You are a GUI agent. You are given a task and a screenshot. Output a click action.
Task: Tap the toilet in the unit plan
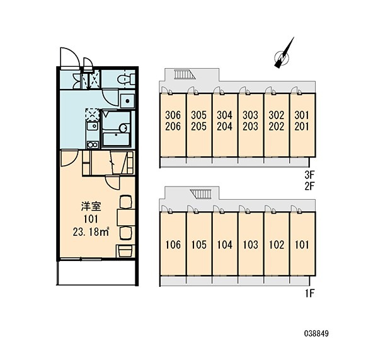point(126,79)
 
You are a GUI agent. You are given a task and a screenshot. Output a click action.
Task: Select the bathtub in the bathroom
point(116,139)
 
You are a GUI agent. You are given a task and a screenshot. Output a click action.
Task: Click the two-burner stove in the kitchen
point(93,144)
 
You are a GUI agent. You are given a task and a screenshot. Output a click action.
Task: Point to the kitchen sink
point(93,126)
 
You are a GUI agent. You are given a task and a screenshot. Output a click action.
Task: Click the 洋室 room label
point(91,207)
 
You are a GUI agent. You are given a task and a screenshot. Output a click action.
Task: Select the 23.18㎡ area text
point(91,232)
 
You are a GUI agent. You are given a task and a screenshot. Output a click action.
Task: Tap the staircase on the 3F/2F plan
point(185,74)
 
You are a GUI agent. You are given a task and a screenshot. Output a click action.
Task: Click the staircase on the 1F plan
point(200,194)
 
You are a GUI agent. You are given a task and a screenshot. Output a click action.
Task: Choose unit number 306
point(173,115)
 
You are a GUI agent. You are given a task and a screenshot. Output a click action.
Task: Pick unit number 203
point(250,127)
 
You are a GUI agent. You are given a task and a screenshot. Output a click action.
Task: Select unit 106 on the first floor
point(173,245)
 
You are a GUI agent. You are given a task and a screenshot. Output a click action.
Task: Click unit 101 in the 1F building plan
point(302,245)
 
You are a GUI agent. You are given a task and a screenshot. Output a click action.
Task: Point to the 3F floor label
point(310,174)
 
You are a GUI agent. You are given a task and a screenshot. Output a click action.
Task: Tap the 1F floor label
point(310,293)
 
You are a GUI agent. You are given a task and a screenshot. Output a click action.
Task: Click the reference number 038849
point(316,334)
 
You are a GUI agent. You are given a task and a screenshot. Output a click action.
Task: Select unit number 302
point(277,115)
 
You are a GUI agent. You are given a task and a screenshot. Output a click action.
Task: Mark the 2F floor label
point(310,186)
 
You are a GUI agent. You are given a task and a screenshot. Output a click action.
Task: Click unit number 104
point(225,245)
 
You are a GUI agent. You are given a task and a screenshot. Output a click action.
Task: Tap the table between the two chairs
point(126,218)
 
